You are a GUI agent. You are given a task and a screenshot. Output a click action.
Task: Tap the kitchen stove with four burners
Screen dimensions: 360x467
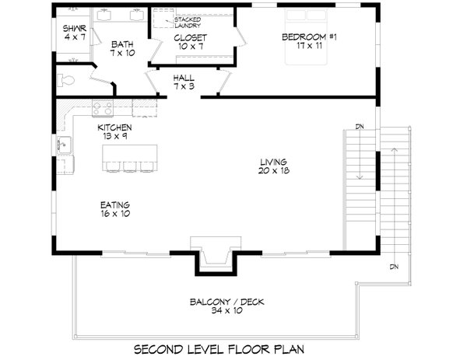click(x=104, y=108)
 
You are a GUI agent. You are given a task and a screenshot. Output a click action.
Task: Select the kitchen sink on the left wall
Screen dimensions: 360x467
click(x=64, y=144)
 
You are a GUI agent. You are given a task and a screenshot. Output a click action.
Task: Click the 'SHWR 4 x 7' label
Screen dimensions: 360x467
click(x=74, y=33)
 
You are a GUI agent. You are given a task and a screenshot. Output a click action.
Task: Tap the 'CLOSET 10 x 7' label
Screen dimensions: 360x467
click(x=191, y=42)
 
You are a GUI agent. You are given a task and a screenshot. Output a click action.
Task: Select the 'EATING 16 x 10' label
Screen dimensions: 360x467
click(x=114, y=209)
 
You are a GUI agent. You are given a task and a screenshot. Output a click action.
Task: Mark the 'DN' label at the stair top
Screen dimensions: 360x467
click(x=360, y=126)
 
